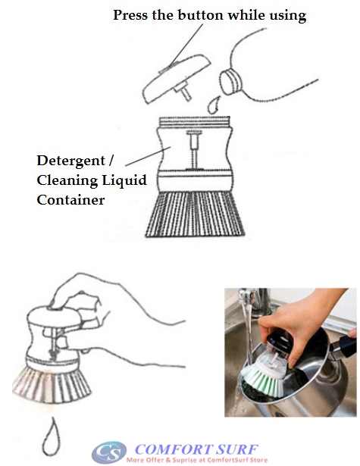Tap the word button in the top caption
click(x=199, y=15)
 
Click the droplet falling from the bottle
click(x=214, y=105)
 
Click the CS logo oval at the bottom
click(x=110, y=452)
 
